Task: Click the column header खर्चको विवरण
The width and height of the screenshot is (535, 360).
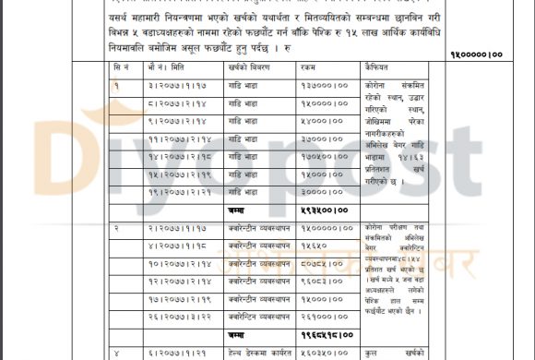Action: pyautogui.click(x=251, y=69)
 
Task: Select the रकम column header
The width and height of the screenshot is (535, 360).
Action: pyautogui.click(x=313, y=69)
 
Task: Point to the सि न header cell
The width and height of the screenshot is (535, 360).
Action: pyautogui.click(x=124, y=69)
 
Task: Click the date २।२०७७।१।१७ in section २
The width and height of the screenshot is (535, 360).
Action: pyautogui.click(x=176, y=227)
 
